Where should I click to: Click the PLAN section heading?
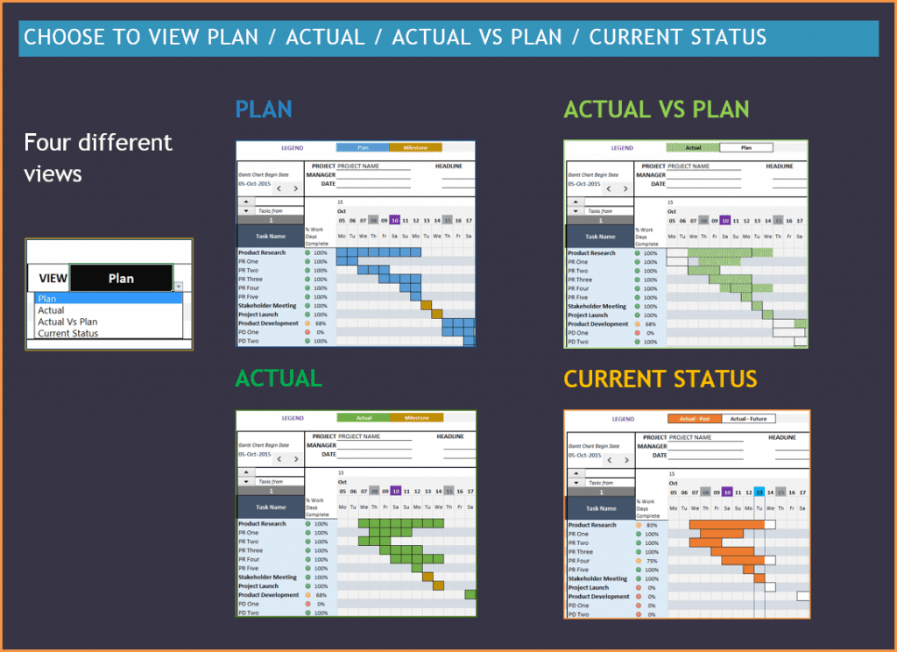click(x=264, y=110)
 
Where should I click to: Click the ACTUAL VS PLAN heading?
click(x=656, y=110)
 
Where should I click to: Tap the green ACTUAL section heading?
click(x=279, y=378)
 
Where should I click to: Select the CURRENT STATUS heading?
click(x=660, y=379)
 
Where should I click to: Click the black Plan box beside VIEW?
click(x=121, y=278)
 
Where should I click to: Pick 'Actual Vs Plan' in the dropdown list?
click(x=68, y=322)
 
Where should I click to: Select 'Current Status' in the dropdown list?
click(x=68, y=333)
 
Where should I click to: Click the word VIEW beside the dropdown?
click(x=53, y=279)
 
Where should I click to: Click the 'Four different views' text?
click(x=98, y=158)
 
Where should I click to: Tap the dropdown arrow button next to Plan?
click(x=178, y=287)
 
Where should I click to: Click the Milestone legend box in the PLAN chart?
click(x=415, y=148)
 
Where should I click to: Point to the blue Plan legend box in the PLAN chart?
click(x=362, y=148)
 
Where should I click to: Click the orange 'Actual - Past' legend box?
click(x=694, y=419)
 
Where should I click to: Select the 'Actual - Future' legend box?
click(x=748, y=419)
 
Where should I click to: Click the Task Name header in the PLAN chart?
click(x=271, y=237)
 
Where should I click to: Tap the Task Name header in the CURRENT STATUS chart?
click(x=601, y=508)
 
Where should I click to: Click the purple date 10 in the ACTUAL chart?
click(x=395, y=491)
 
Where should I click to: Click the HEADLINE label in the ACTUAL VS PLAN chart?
click(x=780, y=166)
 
